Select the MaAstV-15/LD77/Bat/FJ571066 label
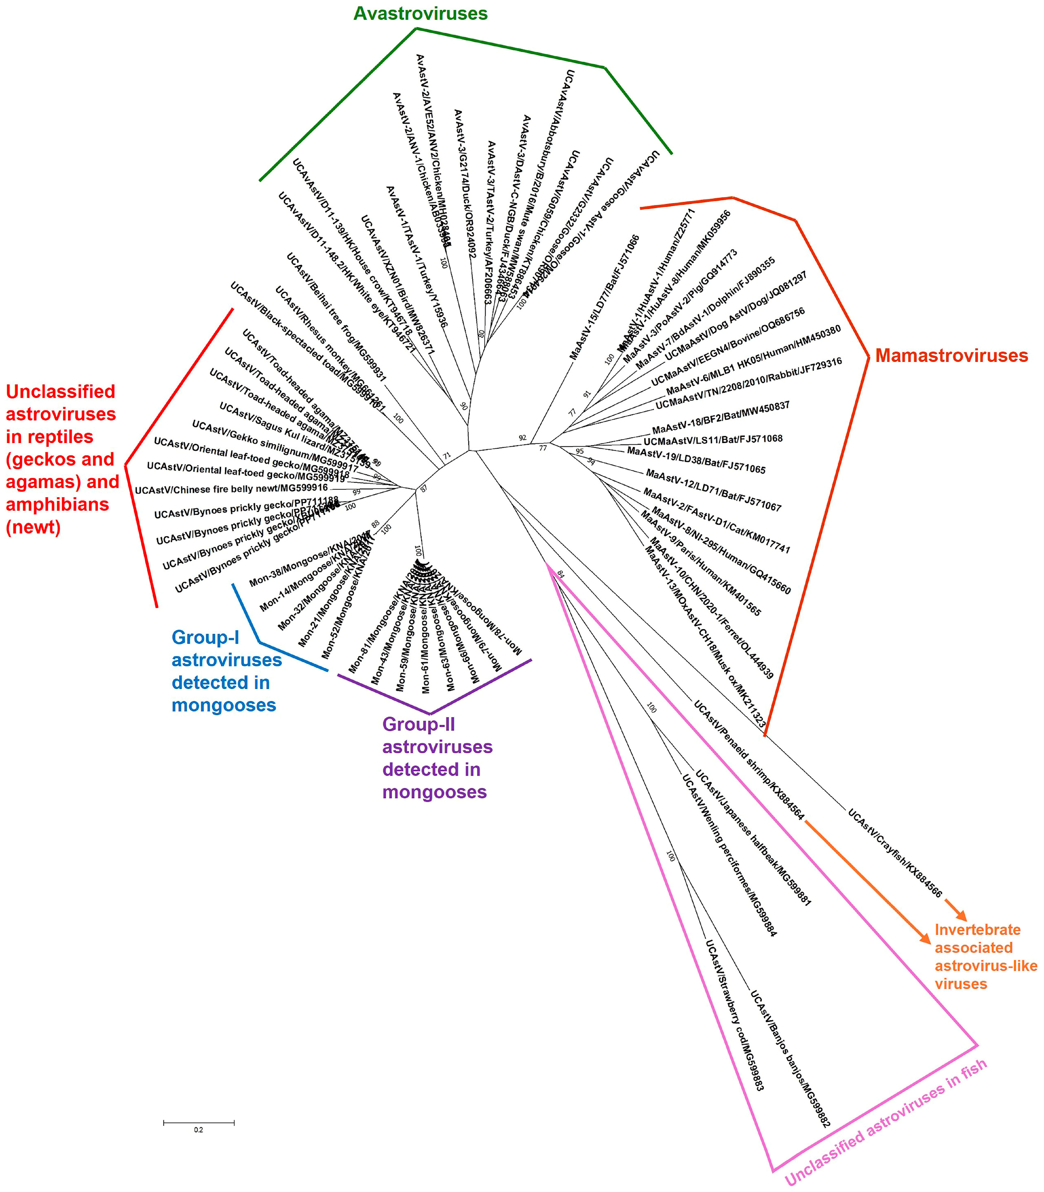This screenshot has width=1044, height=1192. (x=604, y=297)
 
